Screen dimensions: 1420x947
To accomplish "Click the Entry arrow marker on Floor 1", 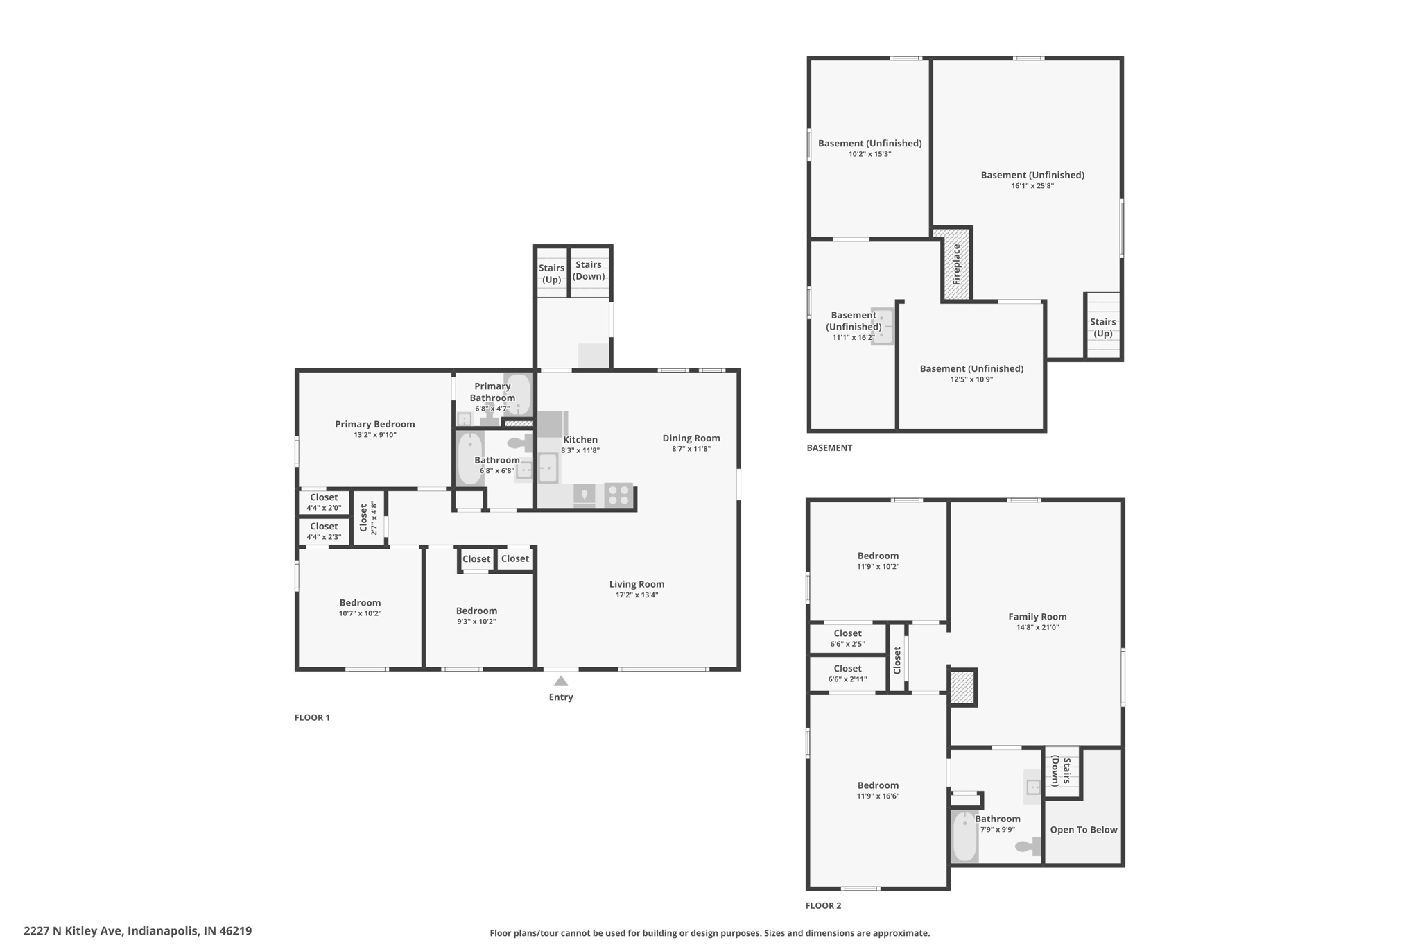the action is [561, 681].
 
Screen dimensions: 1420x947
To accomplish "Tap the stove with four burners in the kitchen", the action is [618, 495].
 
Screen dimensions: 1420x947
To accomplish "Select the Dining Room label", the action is [691, 438].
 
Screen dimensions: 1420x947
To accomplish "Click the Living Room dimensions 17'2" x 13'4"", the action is [637, 595].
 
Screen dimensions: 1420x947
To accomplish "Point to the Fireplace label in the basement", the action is [956, 264].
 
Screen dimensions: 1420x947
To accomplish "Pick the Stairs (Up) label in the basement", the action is [1102, 327].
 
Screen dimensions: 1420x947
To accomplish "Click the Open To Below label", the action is [1084, 830].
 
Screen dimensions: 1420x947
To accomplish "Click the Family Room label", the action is [1037, 616].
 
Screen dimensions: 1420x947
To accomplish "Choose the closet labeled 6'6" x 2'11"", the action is [848, 674].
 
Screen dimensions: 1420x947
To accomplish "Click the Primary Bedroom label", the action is [375, 424].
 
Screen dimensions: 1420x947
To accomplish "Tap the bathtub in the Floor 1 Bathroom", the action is [470, 459].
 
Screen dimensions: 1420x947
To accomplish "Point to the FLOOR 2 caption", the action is [823, 905].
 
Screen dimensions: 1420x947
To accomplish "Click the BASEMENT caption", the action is [829, 447].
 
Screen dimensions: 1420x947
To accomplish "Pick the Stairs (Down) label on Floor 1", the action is [589, 270].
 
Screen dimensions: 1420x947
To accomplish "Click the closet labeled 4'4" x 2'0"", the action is [324, 502].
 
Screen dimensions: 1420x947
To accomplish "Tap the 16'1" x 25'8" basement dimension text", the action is [1032, 186].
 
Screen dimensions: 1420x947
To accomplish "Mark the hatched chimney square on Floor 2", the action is [962, 688].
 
